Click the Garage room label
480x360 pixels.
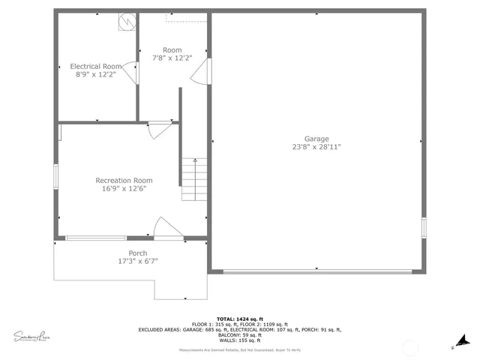click(316, 139)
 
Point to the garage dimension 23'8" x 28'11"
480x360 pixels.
click(316, 147)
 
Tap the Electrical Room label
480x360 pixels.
click(96, 67)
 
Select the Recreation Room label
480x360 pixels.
click(124, 180)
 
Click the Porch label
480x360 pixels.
click(137, 253)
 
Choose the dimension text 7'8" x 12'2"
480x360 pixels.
click(172, 58)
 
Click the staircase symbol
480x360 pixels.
click(194, 180)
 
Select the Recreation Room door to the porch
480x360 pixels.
click(165, 229)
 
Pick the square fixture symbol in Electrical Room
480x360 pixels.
click(125, 22)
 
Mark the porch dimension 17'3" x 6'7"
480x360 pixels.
click(137, 261)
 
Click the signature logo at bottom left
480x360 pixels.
click(32, 334)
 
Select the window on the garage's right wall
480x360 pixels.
click(424, 226)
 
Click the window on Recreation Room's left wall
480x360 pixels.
click(55, 177)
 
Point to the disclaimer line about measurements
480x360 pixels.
click(239, 350)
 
